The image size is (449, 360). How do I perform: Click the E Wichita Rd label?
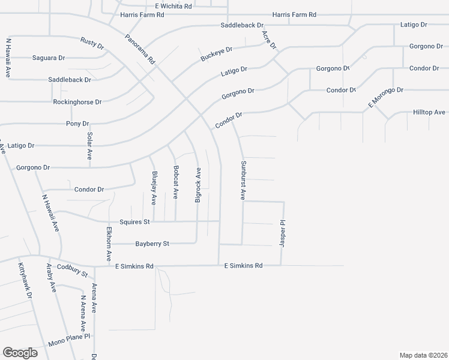click(x=173, y=6)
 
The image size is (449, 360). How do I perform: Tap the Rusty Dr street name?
click(x=92, y=43)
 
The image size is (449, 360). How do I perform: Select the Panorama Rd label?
click(x=140, y=49)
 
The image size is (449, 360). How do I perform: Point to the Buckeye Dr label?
click(x=216, y=54)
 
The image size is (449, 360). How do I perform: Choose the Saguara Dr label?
click(x=48, y=58)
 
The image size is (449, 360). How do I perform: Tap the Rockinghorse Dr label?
click(x=77, y=102)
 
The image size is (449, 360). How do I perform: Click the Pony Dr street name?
click(x=77, y=124)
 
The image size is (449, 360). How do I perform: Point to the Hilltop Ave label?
click(x=429, y=112)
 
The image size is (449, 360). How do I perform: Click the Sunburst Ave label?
click(x=244, y=180)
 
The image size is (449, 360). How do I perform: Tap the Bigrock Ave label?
click(x=197, y=185)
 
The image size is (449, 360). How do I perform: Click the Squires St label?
click(x=134, y=221)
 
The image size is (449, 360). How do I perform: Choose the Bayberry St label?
click(x=152, y=244)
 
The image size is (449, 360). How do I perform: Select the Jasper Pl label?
click(x=282, y=233)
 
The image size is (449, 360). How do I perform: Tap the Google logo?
click(x=20, y=352)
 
